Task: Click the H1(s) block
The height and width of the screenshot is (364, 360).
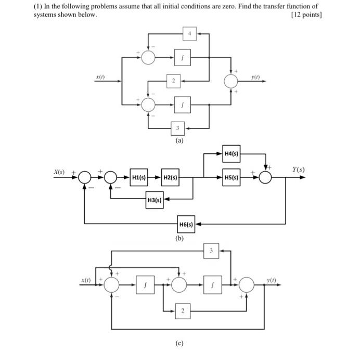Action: (138, 177)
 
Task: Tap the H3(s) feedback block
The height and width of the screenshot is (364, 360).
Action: (155, 200)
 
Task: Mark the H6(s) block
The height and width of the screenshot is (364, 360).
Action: (186, 225)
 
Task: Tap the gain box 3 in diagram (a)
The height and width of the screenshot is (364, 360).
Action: (178, 127)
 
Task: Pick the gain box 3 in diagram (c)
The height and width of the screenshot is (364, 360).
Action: (211, 250)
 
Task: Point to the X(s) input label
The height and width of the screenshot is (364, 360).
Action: (60, 171)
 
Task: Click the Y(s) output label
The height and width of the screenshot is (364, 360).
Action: (299, 170)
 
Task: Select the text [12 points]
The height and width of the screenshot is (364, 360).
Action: (307, 15)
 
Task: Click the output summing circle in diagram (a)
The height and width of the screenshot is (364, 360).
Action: (231, 81)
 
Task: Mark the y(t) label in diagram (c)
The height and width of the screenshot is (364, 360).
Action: (271, 280)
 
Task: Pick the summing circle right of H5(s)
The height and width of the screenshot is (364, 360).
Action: (265, 177)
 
